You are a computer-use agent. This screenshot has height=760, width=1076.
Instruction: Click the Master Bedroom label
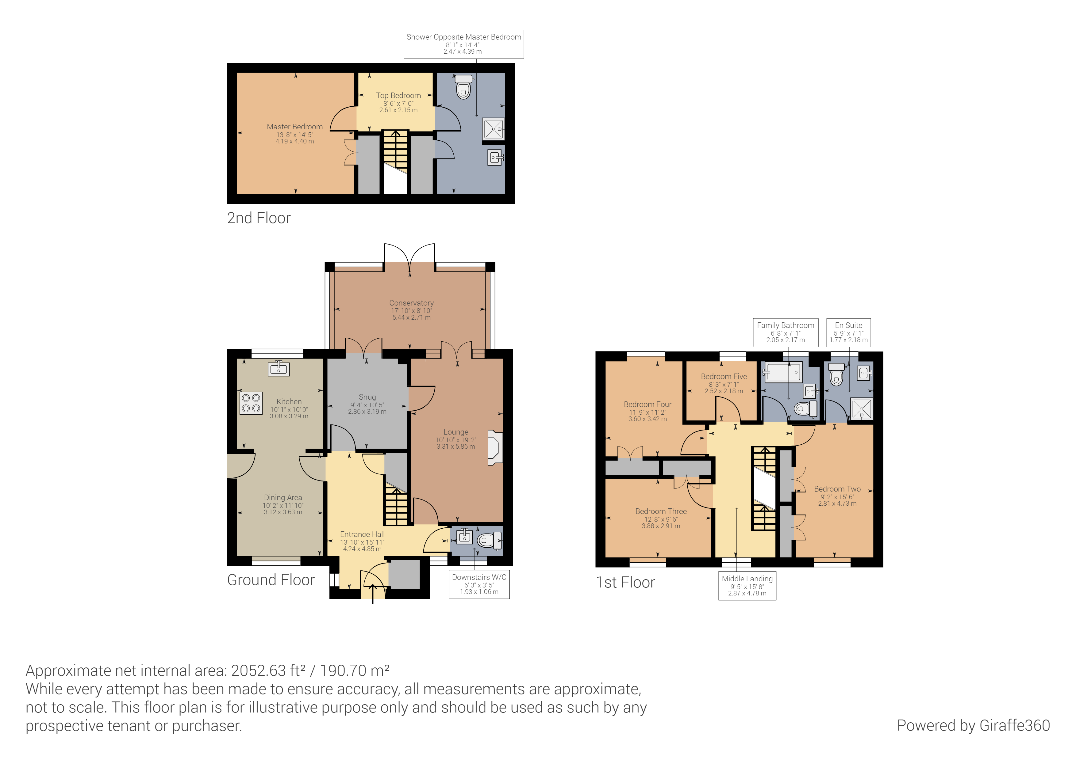point(294,127)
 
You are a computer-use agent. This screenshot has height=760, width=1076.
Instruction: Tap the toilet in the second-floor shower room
point(463,87)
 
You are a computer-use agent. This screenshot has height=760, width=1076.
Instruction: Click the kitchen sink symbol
point(279,369)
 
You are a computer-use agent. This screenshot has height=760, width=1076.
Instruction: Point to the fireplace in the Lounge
point(494,448)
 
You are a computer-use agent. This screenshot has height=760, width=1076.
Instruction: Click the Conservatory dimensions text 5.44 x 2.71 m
point(411,317)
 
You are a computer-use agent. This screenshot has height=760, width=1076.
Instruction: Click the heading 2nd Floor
point(259,218)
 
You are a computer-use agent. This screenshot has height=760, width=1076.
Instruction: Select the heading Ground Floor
point(271,580)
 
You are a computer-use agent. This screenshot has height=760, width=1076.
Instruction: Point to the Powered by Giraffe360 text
point(973,725)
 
